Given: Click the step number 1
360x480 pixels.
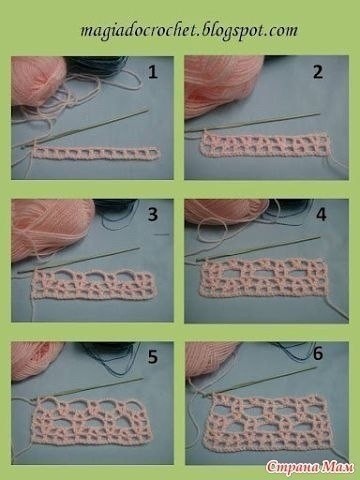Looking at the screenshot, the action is coord(153,72).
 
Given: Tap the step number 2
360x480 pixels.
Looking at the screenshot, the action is coord(318,72).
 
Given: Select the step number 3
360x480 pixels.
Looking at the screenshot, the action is coord(153,214).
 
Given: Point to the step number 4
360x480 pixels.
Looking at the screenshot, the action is coord(321,215).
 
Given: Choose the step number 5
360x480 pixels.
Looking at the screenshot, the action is coord(153,357).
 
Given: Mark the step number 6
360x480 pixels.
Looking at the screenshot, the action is coord(318,353).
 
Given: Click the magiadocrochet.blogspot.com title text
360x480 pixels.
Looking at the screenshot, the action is coord(189,31).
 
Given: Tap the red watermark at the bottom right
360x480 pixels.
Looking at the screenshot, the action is coord(310,467).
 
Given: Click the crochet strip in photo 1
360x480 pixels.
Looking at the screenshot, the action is coord(96,153).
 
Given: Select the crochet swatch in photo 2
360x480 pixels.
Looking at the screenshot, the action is coord(267,144).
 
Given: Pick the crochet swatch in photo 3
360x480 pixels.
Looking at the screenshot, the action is coord(93,283).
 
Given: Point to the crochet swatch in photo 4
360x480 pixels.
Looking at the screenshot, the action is coord(262,277).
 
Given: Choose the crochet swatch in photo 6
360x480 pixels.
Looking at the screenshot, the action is coord(269,422).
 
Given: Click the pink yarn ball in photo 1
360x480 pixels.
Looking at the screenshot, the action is coord(38,81).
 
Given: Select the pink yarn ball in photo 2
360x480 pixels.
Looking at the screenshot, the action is coord(223,83).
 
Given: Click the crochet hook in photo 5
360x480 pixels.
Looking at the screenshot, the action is coord(87,388).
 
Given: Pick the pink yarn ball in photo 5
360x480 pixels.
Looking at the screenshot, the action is coord(36,360).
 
